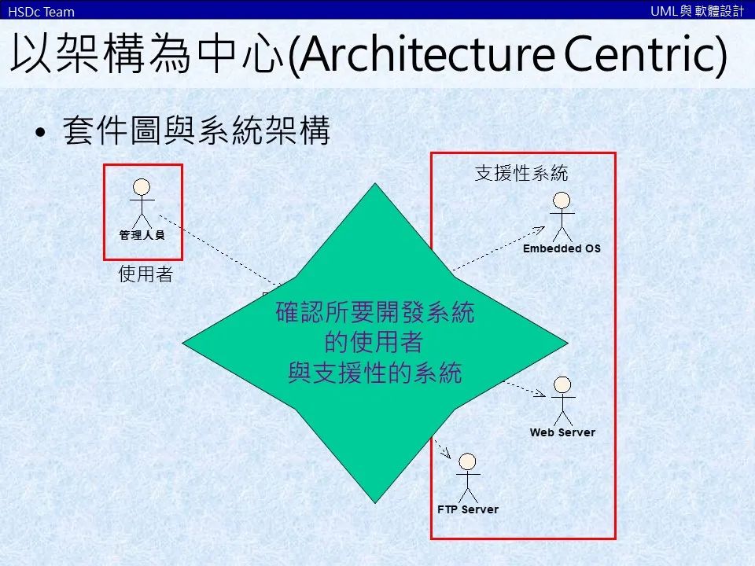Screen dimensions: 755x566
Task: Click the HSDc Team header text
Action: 41,11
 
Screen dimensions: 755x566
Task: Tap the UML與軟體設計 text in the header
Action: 697,10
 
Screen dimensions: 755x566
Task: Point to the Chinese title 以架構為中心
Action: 147,57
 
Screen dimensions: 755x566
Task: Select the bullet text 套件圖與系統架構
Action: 197,132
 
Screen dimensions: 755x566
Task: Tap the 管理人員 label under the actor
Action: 142,234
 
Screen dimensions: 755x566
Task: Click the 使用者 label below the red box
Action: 145,274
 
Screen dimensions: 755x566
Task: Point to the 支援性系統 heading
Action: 521,173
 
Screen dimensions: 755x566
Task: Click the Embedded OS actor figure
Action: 562,214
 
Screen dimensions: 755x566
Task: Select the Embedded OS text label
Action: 562,248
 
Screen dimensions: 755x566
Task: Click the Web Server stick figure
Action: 562,399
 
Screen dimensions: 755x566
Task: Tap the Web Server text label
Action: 562,432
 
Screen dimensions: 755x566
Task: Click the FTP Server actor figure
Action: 468,476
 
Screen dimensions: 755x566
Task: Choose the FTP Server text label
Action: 468,509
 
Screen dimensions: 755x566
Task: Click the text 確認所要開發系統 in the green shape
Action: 375,314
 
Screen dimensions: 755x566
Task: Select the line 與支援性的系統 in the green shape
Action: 375,373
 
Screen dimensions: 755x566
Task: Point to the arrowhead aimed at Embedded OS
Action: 540,229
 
